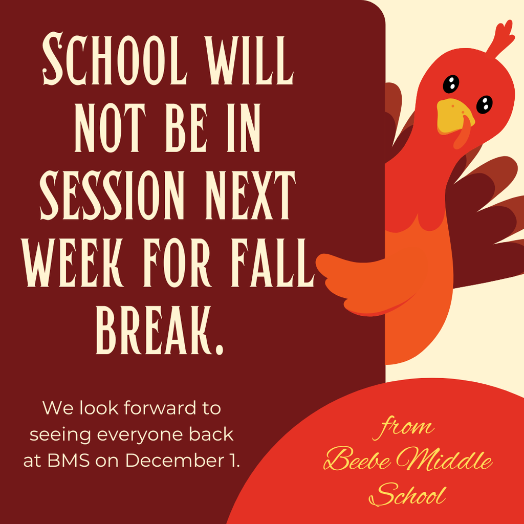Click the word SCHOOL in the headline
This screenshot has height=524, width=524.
pos(115,58)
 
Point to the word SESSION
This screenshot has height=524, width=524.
pos(112,195)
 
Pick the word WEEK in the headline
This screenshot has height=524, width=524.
pos(73,263)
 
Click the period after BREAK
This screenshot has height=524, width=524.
pos(219,349)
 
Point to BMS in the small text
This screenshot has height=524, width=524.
pos(69,461)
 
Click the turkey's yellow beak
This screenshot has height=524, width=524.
pos(455,117)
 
